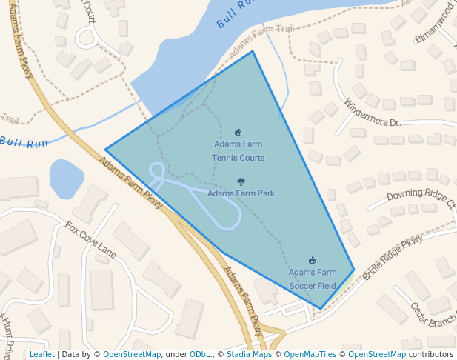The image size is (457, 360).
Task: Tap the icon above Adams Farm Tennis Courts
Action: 238,132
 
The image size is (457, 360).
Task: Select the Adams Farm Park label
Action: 241,193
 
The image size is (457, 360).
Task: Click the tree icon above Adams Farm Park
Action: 241,181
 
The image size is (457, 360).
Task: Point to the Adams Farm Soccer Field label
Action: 312,279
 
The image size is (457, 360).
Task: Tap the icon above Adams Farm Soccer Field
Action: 312,260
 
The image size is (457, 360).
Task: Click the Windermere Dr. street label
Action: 373,112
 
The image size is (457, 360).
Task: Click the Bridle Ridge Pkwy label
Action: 393,258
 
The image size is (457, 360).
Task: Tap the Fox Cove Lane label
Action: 90,239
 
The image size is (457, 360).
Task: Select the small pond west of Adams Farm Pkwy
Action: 66,179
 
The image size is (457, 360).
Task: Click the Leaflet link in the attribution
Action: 41,354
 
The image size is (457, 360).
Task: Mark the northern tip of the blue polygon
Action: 253,51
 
